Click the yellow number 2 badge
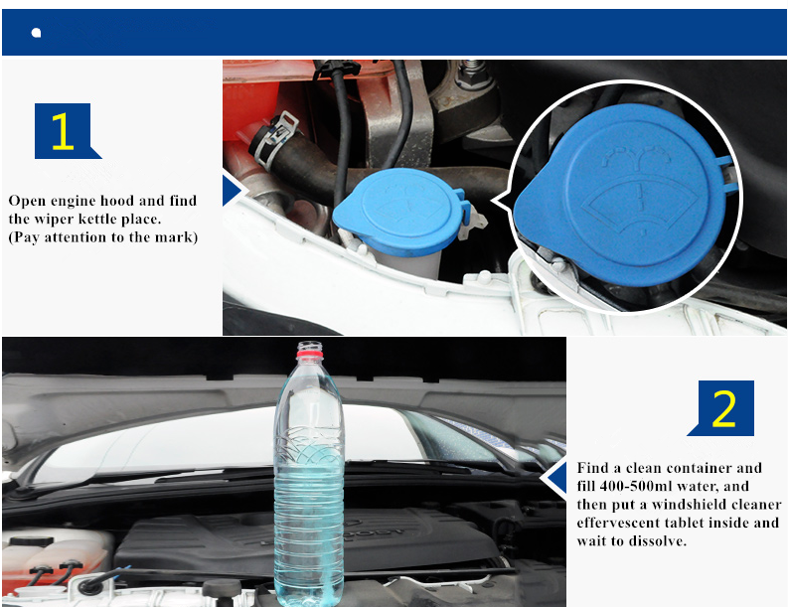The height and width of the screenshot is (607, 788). coord(723,408)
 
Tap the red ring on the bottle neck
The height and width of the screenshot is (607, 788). coord(310,355)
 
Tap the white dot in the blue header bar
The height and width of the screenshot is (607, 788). coord(36,33)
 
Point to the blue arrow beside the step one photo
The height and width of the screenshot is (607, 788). coord(233,191)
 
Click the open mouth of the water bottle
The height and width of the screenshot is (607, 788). coord(310,344)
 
